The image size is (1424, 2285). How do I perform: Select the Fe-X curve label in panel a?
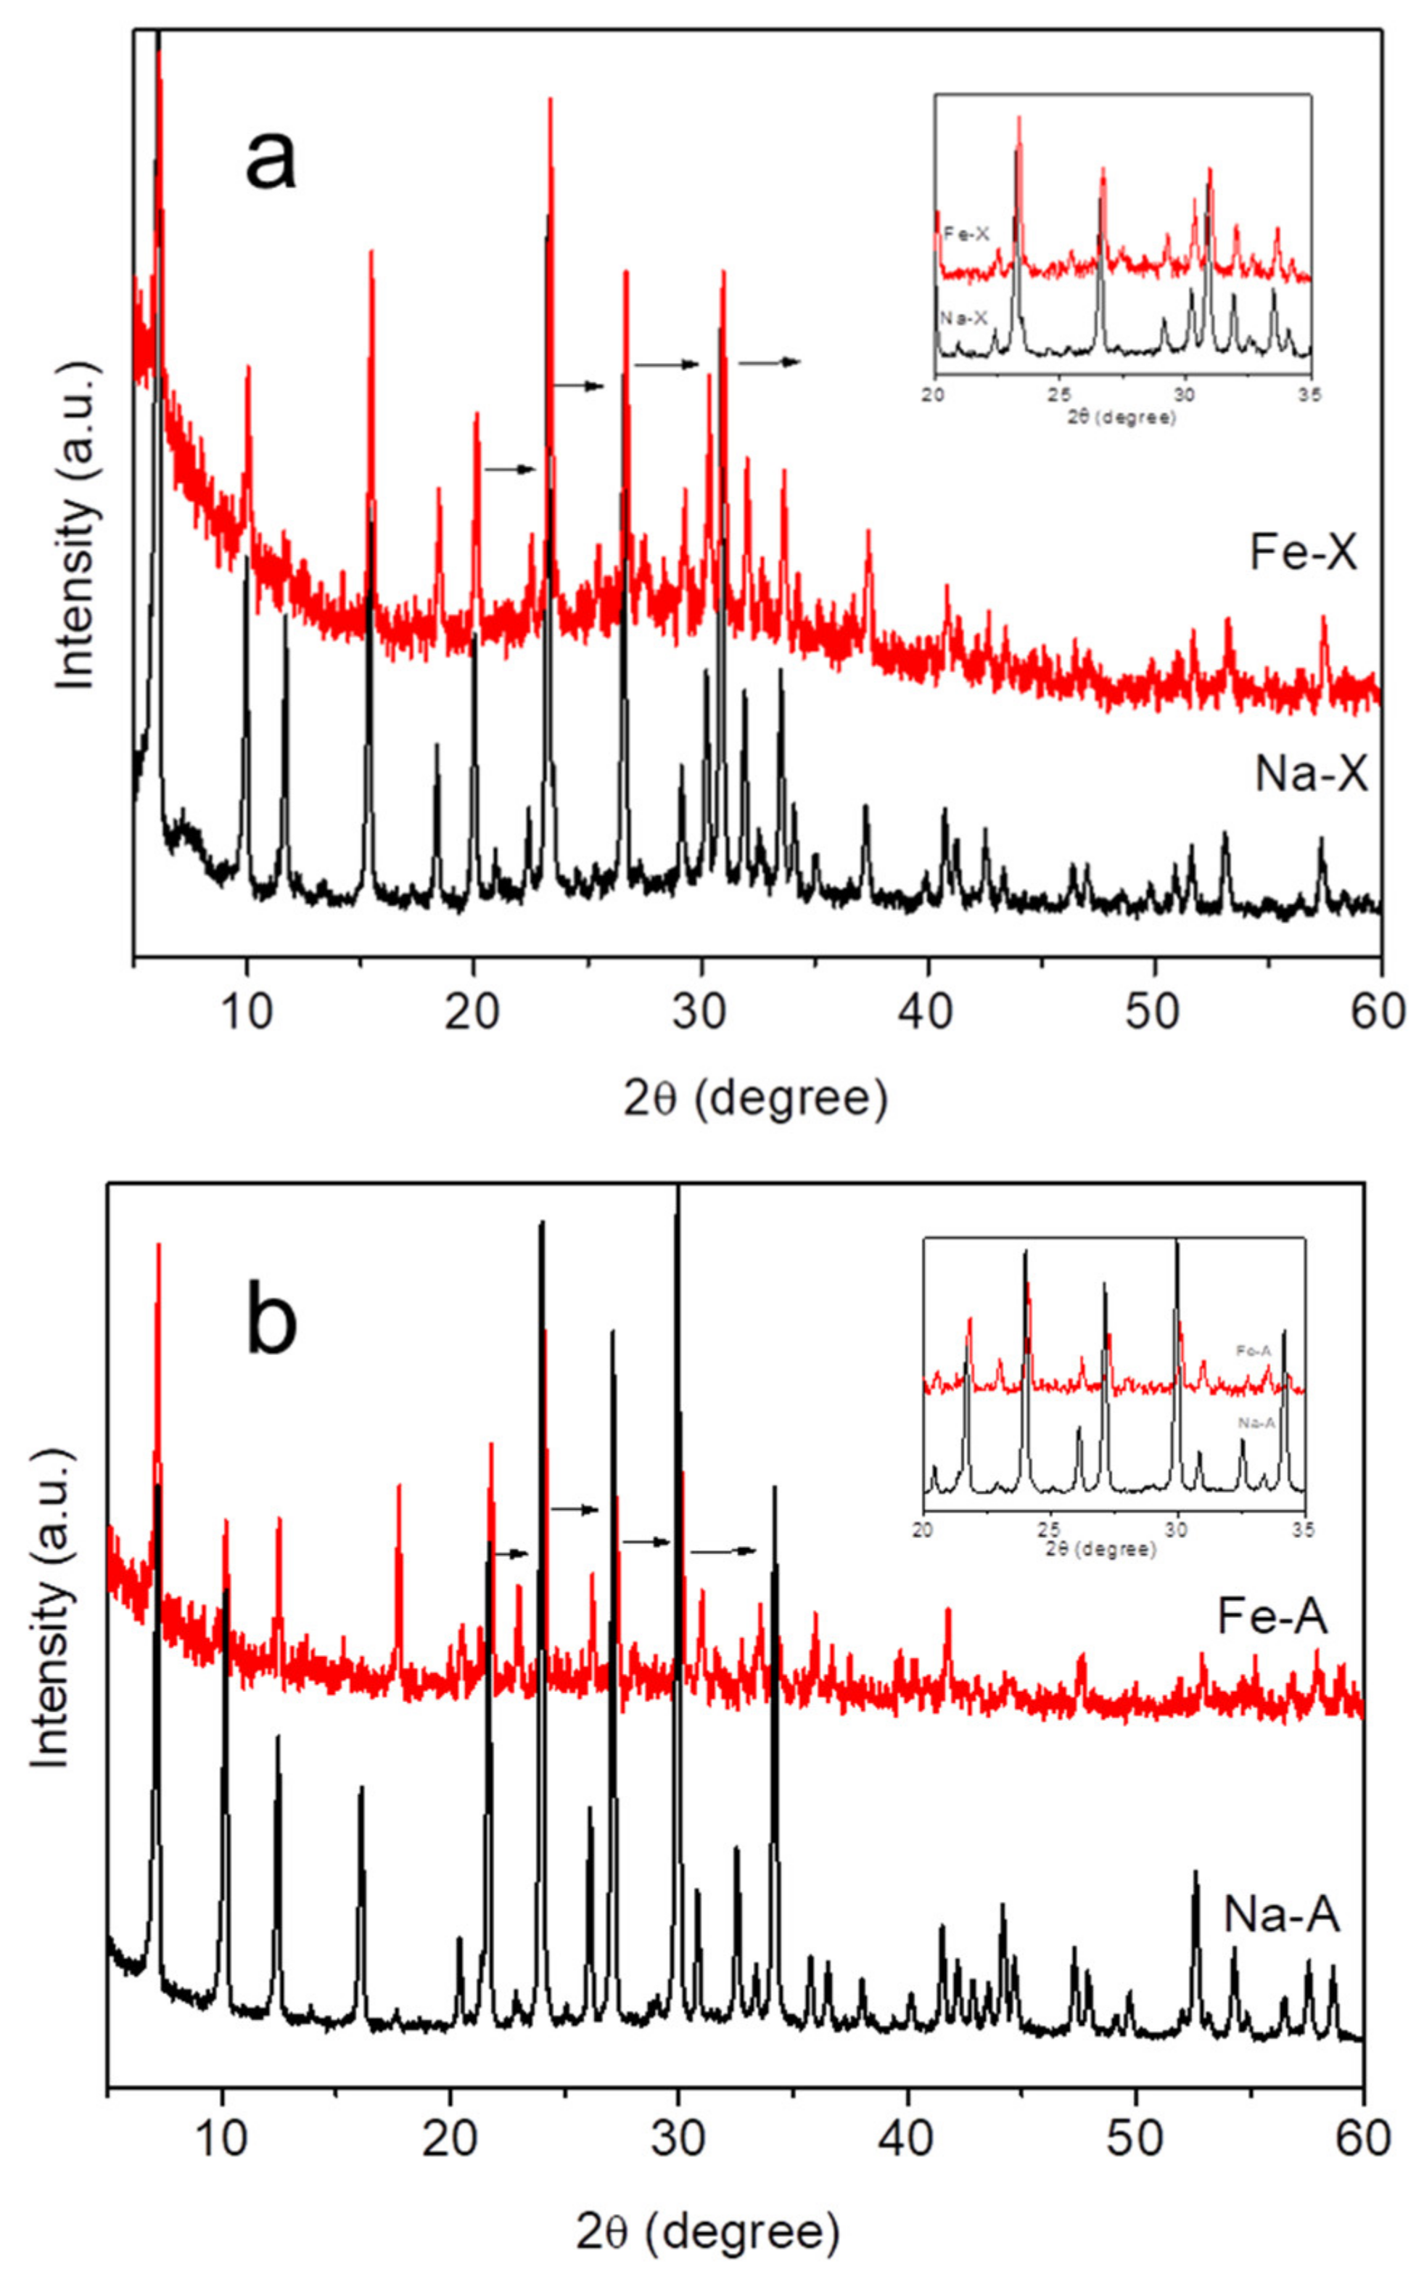point(1304,553)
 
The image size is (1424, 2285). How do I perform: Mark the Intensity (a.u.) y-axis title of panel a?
point(75,528)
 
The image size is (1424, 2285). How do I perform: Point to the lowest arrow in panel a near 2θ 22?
point(509,469)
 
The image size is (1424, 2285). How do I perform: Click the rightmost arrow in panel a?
point(770,361)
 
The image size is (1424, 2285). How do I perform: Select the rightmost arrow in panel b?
point(723,1550)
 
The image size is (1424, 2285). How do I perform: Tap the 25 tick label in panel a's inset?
point(1060,395)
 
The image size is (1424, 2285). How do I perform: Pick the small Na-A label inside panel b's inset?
point(1256,1423)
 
